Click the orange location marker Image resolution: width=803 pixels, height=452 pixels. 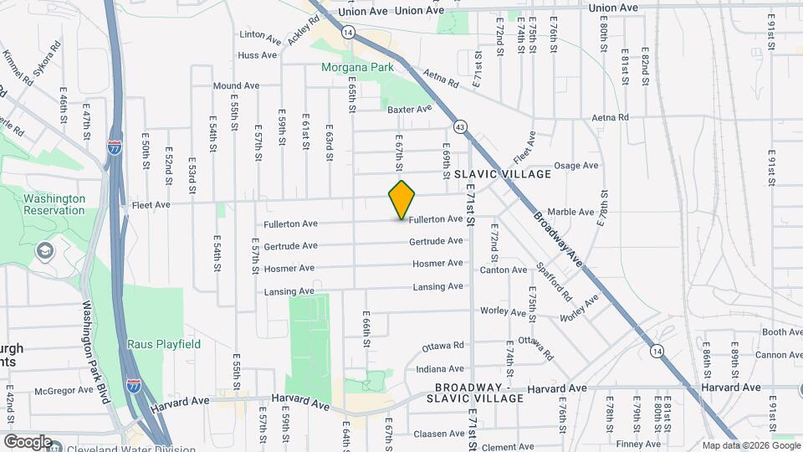click(x=401, y=199)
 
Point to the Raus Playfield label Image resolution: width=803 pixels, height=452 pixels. click(x=164, y=344)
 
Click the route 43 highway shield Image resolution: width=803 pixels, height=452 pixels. click(x=460, y=126)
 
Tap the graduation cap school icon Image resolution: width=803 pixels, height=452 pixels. click(x=44, y=250)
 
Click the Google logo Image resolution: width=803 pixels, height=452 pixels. click(x=28, y=441)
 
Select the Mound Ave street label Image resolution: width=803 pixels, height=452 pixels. click(x=236, y=86)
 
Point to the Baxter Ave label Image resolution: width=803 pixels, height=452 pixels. click(x=409, y=109)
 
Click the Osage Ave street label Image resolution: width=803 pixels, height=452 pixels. click(x=576, y=166)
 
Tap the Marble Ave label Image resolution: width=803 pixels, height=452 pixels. click(x=570, y=212)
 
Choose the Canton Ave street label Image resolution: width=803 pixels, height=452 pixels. click(x=503, y=270)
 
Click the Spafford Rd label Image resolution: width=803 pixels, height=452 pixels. click(x=555, y=283)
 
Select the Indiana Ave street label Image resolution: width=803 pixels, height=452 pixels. click(x=439, y=368)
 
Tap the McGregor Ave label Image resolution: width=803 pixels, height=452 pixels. click(x=63, y=390)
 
